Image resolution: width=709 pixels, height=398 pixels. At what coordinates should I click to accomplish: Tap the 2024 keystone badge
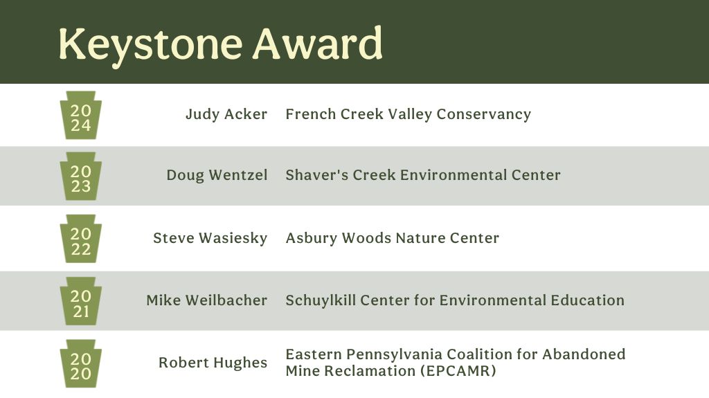pyautogui.click(x=81, y=115)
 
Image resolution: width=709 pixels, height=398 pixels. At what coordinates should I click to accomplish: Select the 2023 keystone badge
pyautogui.click(x=81, y=177)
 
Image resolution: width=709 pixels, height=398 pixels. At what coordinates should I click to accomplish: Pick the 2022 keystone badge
pyautogui.click(x=81, y=239)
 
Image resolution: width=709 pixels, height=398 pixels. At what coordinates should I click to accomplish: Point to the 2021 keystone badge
pyautogui.click(x=81, y=301)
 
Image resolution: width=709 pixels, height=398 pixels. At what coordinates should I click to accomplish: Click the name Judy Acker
pyautogui.click(x=226, y=114)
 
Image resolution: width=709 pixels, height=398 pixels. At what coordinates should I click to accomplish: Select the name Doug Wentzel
pyautogui.click(x=217, y=175)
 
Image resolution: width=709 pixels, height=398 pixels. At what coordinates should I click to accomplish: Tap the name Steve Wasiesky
pyautogui.click(x=210, y=238)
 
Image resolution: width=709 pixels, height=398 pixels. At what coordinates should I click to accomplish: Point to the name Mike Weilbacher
pyautogui.click(x=206, y=300)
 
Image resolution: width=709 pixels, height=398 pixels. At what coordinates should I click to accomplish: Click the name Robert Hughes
pyautogui.click(x=213, y=363)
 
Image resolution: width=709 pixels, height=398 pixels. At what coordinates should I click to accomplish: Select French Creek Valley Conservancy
pyautogui.click(x=408, y=114)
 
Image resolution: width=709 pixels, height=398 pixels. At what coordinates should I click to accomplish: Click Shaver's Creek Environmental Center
pyautogui.click(x=422, y=175)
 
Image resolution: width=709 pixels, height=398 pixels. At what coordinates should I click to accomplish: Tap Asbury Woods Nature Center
pyautogui.click(x=392, y=238)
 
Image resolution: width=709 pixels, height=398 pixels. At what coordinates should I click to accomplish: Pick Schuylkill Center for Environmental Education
pyautogui.click(x=455, y=300)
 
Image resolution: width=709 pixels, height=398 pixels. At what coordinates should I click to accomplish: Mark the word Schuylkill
pyautogui.click(x=319, y=300)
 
